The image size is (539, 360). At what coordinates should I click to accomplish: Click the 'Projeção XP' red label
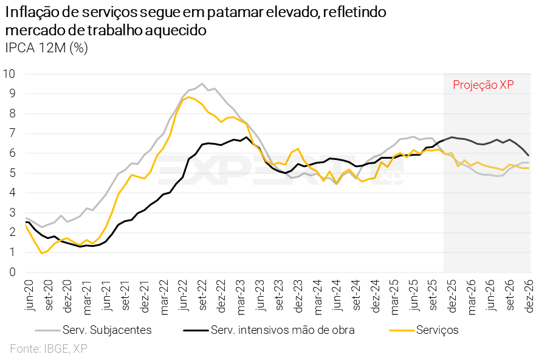(484, 85)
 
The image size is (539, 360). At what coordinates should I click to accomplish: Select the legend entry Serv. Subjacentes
(107, 330)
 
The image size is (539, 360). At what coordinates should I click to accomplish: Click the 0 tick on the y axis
(12, 272)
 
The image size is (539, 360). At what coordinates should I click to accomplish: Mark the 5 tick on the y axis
(12, 173)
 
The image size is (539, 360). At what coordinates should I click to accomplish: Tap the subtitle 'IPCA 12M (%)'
(46, 49)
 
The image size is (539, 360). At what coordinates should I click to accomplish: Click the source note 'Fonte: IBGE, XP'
(48, 348)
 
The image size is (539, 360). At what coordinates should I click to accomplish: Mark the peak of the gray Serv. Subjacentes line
(202, 84)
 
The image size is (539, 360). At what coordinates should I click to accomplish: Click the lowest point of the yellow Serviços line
(41, 253)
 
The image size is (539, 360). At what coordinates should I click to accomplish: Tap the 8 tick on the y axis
(12, 113)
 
